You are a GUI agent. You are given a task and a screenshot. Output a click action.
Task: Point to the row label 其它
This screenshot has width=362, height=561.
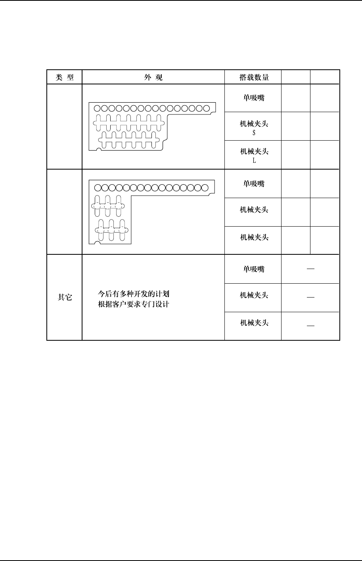click(65, 297)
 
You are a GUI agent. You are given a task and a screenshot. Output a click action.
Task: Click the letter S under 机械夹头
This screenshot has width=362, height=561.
click(254, 133)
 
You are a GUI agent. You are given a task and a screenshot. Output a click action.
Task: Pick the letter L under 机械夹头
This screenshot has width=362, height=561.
click(254, 161)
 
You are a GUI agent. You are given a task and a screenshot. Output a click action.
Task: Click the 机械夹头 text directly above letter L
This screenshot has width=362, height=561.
click(254, 152)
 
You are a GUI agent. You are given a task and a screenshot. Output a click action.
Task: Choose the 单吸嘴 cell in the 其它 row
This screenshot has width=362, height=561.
click(254, 269)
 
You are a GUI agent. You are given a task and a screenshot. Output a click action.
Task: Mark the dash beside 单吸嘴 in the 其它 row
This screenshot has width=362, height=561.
click(310, 269)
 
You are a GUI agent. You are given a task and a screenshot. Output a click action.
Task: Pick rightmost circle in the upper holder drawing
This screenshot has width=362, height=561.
click(206, 108)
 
